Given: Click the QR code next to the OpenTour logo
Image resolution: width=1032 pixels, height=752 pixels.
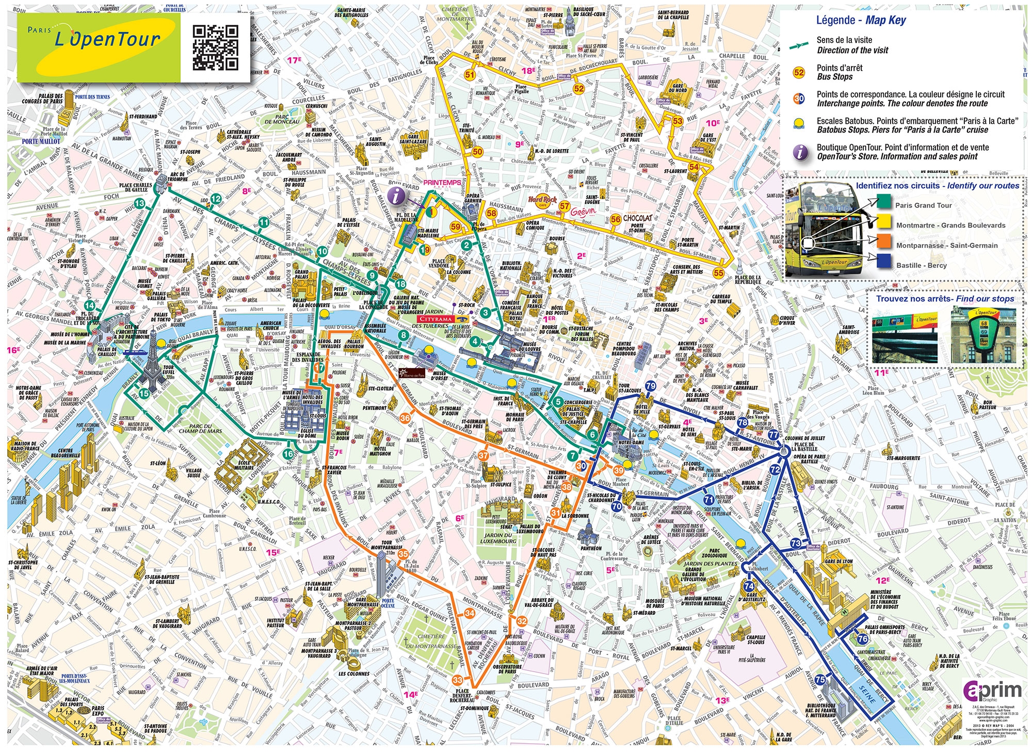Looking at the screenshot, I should [x=215, y=47].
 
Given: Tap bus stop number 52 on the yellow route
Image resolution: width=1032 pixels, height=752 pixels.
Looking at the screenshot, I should [x=579, y=88].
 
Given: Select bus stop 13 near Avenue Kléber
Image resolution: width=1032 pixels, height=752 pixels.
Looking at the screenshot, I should [x=139, y=203].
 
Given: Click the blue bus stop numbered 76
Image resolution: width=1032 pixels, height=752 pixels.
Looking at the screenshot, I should [x=862, y=638].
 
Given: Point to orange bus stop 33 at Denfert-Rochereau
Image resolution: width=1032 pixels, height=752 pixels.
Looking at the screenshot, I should [x=457, y=680].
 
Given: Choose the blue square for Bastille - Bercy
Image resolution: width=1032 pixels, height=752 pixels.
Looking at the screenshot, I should [x=884, y=261].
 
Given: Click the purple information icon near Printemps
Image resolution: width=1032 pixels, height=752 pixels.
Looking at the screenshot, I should [x=396, y=196].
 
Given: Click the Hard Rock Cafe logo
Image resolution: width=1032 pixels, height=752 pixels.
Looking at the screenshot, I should [x=542, y=200].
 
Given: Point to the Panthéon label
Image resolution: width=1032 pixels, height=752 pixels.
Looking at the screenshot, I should [x=590, y=548].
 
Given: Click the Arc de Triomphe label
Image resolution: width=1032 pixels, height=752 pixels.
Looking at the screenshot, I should [x=178, y=177].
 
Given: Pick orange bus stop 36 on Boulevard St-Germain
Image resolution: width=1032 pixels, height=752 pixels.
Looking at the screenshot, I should [x=405, y=418].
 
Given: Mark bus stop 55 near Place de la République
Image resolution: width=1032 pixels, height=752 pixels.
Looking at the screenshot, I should [x=718, y=273].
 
